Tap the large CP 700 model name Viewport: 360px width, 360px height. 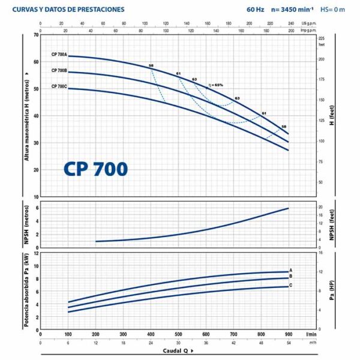click(95, 169)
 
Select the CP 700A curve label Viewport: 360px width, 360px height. click(59, 55)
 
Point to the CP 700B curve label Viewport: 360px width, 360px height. click(59, 71)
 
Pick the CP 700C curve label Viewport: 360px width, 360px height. click(59, 86)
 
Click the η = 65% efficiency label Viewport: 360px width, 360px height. click(215, 85)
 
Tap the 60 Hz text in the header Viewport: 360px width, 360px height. click(255, 10)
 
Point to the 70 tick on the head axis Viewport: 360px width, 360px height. click(36, 35)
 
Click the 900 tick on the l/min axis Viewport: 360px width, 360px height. click(289, 334)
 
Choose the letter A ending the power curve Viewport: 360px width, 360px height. click(290, 271)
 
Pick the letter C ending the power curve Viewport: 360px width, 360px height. click(290, 285)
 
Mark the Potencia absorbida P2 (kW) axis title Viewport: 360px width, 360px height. click(26, 289)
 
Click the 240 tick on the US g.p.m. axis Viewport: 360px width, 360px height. click(290, 24)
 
